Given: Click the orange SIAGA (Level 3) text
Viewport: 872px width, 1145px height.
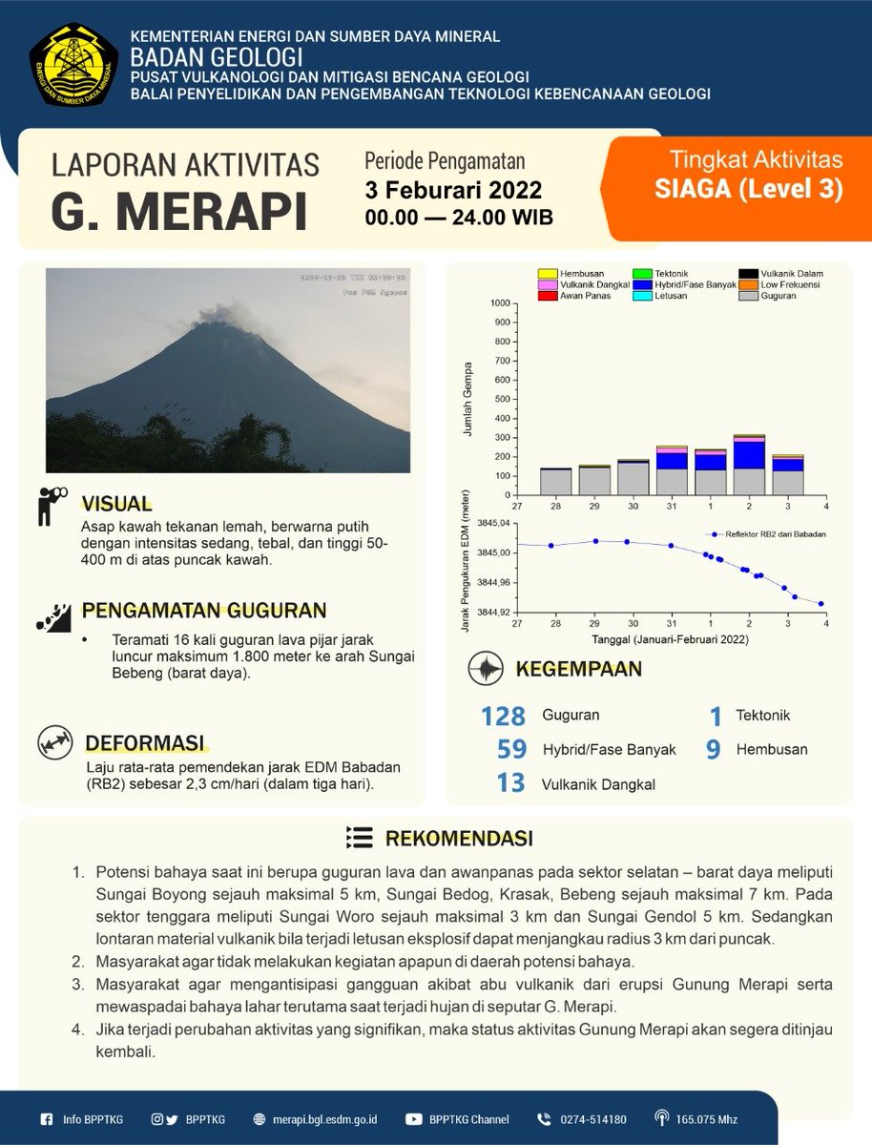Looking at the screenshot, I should pos(749,189).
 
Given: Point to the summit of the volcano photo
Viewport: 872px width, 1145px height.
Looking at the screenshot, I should pos(221,325).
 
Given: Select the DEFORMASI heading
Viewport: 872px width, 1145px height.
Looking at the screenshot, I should pos(144,742).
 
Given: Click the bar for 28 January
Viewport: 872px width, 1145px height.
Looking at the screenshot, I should pos(555,482).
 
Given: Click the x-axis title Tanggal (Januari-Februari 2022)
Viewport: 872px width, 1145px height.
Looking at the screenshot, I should pos(670,638).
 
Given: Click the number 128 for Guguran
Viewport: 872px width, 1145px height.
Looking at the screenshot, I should pos(504,716).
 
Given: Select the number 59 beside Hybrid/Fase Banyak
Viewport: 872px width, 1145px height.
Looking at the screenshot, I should pos(511,749).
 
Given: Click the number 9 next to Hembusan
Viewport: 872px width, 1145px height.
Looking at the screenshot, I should pos(713,749).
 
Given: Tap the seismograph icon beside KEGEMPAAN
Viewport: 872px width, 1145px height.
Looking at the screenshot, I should pos(486,669).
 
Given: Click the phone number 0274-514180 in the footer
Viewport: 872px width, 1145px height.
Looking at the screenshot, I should pos(592,1119).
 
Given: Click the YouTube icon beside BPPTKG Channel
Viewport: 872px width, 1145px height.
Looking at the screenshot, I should pos(413,1119).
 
